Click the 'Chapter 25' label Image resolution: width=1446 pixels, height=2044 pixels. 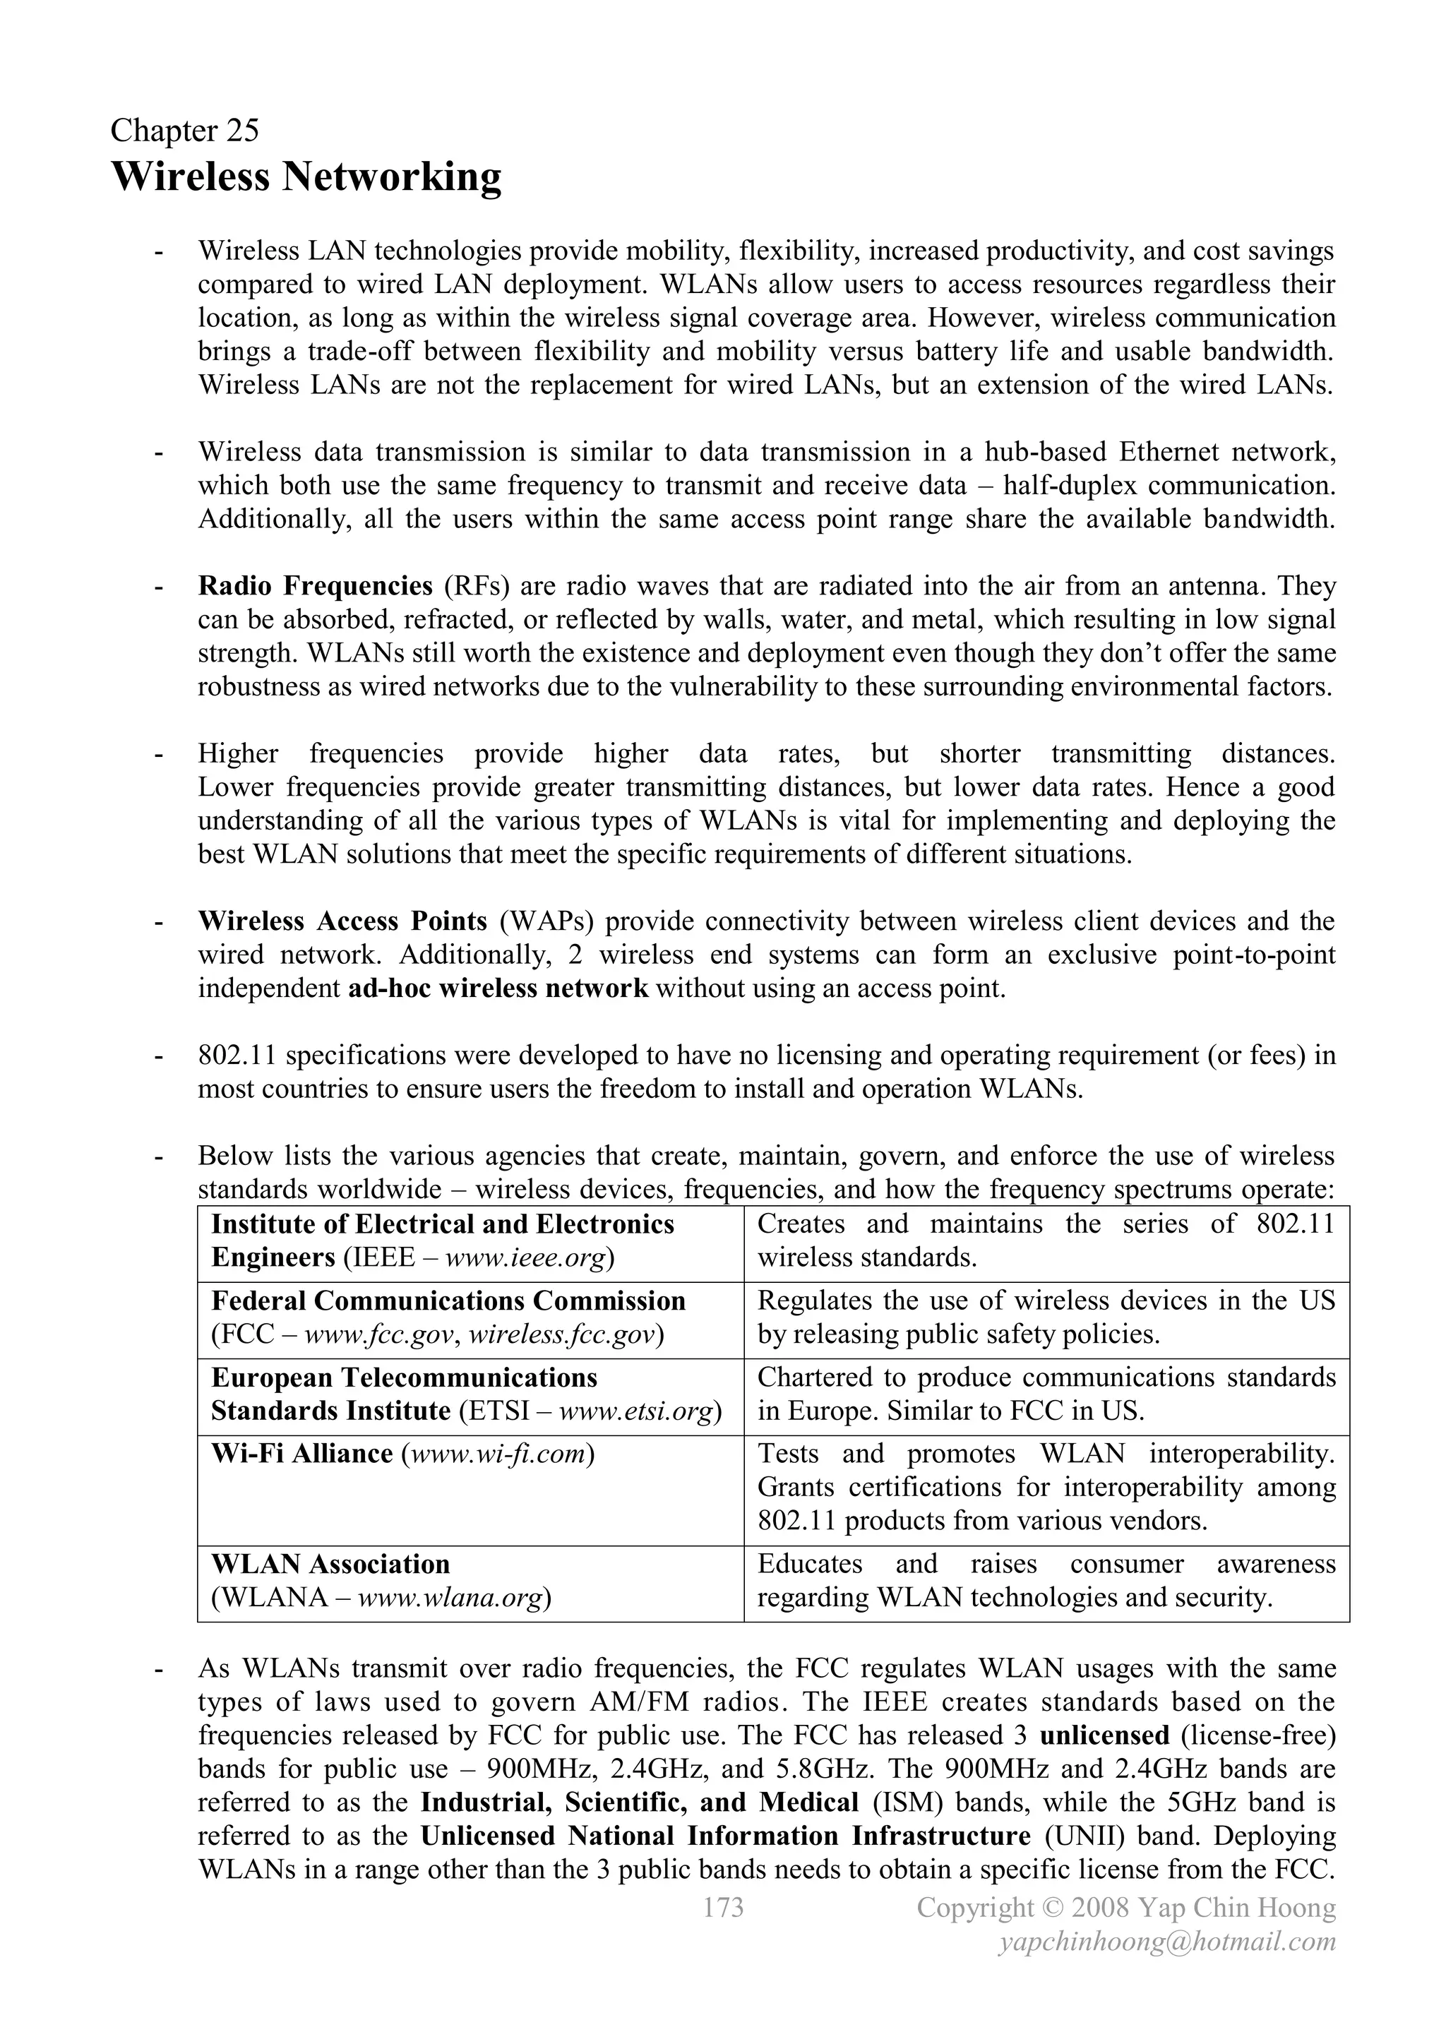pyautogui.click(x=184, y=131)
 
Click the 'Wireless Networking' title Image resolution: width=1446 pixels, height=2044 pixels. pyautogui.click(x=306, y=177)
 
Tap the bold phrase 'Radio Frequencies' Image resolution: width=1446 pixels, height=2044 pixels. pyautogui.click(x=315, y=587)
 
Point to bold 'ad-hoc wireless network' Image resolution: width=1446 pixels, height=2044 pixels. pyautogui.click(x=498, y=989)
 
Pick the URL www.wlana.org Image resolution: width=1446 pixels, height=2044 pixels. pyautogui.click(x=450, y=1598)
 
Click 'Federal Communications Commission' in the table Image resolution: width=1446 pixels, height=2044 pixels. pyautogui.click(x=448, y=1301)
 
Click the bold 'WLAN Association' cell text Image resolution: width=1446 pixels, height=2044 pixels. pyautogui.click(x=330, y=1564)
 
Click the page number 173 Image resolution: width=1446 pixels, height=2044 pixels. pyautogui.click(x=723, y=1907)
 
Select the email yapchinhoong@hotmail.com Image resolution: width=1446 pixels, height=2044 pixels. pyautogui.click(x=1166, y=1942)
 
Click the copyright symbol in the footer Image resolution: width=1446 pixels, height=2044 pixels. pyautogui.click(x=1053, y=1908)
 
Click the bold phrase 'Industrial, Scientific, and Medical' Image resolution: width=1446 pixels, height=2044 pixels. pyautogui.click(x=639, y=1803)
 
